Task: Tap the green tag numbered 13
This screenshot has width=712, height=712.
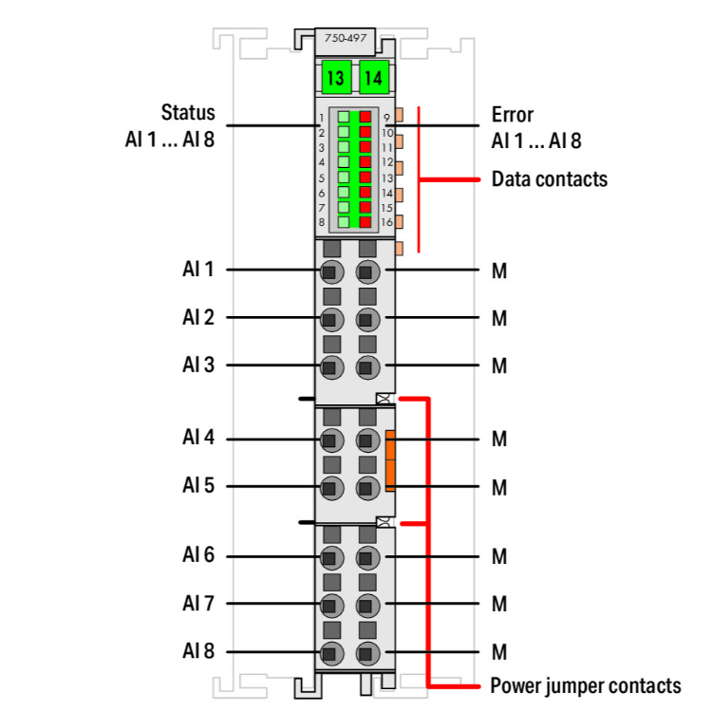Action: (x=335, y=78)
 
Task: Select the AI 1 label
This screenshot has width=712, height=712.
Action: (x=198, y=270)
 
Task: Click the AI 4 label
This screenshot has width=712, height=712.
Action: (x=198, y=439)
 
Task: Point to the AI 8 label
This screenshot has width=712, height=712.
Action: (x=198, y=652)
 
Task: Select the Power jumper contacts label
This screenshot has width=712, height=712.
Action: (x=586, y=685)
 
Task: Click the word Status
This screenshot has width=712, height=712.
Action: (x=188, y=114)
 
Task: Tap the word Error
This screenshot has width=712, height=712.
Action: (x=513, y=115)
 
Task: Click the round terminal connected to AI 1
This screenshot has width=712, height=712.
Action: (x=330, y=272)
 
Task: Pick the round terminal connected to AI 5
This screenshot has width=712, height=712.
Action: (x=330, y=488)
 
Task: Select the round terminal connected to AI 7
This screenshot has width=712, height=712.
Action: (x=330, y=604)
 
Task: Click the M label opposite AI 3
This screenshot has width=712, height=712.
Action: (x=499, y=366)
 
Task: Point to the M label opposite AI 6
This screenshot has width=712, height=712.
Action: (x=499, y=556)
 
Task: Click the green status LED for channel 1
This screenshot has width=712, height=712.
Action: (x=344, y=119)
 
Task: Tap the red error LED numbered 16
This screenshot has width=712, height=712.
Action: (x=365, y=221)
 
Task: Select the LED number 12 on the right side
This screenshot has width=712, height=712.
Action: (x=387, y=162)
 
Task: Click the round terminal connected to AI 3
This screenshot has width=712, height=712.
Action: (x=330, y=366)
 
